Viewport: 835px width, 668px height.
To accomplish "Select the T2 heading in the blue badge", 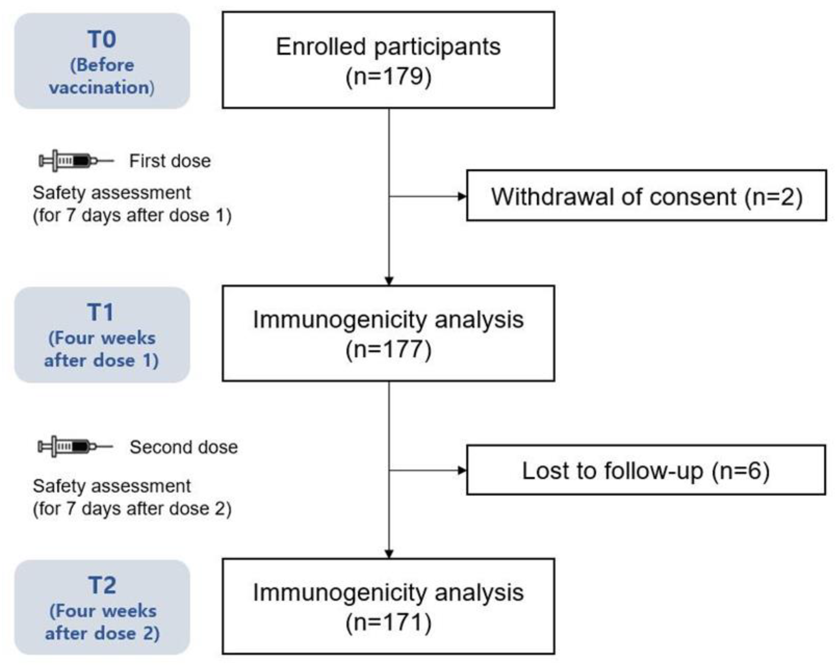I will point(102,585).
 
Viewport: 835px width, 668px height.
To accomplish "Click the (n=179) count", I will point(388,76).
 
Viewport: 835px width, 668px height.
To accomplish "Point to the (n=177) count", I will point(388,350).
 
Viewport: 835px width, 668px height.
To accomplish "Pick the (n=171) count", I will point(388,623).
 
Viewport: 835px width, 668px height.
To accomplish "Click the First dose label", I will point(170,161).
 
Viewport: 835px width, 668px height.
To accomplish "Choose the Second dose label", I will point(184,447).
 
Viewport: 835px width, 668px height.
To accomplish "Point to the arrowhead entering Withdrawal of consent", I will point(462,196).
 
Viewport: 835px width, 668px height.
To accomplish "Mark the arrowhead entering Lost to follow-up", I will point(462,470).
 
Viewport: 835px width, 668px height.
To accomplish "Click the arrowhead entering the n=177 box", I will point(389,281).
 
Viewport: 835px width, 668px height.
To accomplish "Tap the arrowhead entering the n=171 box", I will point(389,554).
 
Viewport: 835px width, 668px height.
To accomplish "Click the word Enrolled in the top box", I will point(320,47).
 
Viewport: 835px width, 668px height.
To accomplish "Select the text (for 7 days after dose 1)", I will point(132,216).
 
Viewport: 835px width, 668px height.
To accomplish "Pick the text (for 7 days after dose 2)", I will point(132,509).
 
